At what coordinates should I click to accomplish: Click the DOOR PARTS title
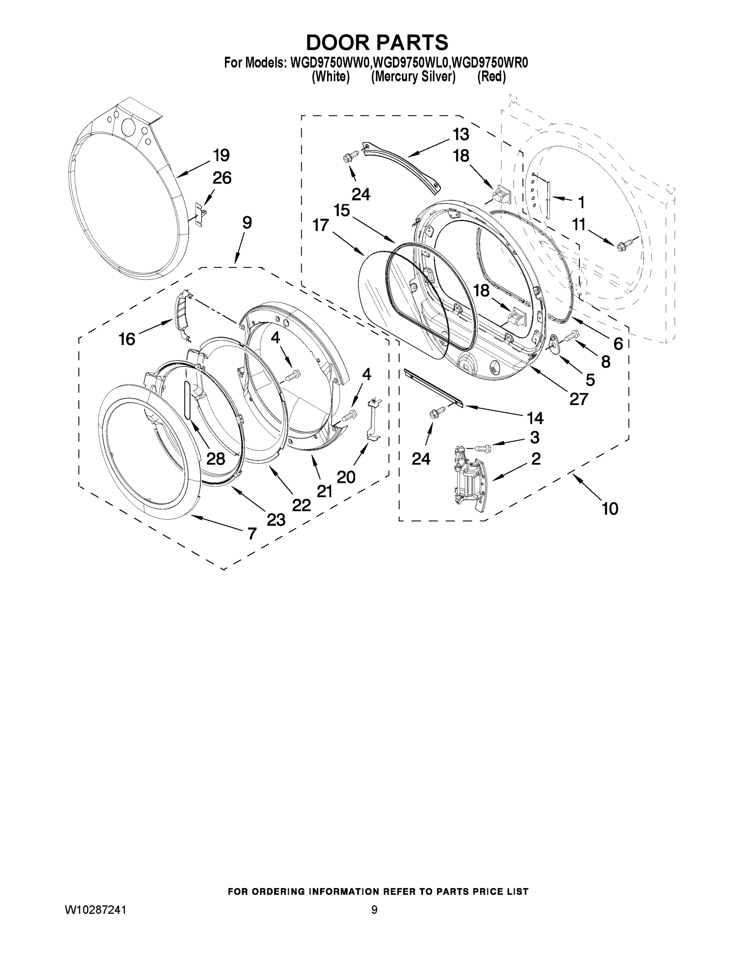pyautogui.click(x=377, y=43)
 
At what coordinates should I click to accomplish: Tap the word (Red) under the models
pyautogui.click(x=491, y=77)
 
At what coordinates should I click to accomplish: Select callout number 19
pyautogui.click(x=221, y=156)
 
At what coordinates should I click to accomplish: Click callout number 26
pyautogui.click(x=222, y=178)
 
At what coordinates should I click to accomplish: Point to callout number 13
pyautogui.click(x=460, y=134)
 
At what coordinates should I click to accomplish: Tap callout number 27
pyautogui.click(x=578, y=399)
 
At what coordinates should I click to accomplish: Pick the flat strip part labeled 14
pyautogui.click(x=433, y=388)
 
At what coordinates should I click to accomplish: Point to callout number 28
pyautogui.click(x=216, y=459)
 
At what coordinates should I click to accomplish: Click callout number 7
pyautogui.click(x=251, y=534)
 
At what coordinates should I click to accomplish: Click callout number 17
pyautogui.click(x=321, y=225)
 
